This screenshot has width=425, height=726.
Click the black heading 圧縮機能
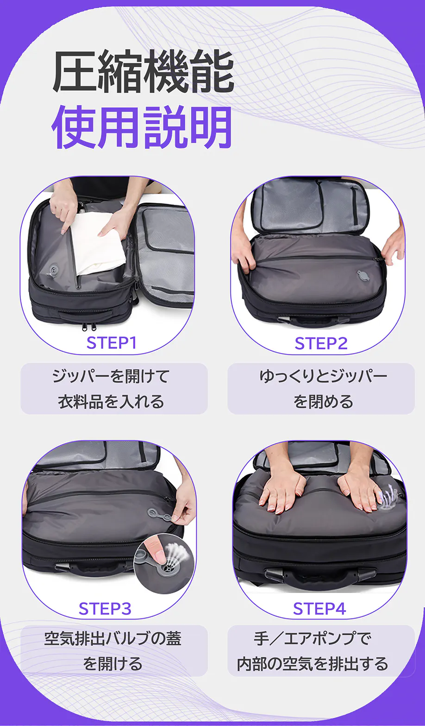143,72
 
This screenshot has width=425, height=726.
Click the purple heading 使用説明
142,127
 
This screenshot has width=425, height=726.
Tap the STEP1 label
112,342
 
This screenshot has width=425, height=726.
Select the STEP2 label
321,343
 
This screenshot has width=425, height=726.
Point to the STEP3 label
105,609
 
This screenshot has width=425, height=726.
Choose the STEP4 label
319,609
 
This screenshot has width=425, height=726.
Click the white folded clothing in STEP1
98,243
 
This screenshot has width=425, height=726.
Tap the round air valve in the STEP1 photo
53,270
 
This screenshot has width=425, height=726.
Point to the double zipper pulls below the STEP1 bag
89,326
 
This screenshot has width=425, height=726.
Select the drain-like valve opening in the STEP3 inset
169,568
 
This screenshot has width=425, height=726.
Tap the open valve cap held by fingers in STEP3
161,514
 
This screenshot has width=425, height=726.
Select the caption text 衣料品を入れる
111,401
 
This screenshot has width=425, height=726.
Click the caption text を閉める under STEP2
323,401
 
